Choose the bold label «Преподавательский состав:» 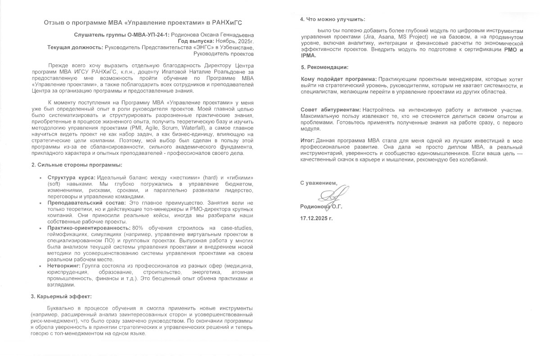point(81,203)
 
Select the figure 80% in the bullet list point(138,228)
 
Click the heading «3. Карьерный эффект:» point(61,297)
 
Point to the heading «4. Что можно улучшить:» point(333,19)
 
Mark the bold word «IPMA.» point(309,56)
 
